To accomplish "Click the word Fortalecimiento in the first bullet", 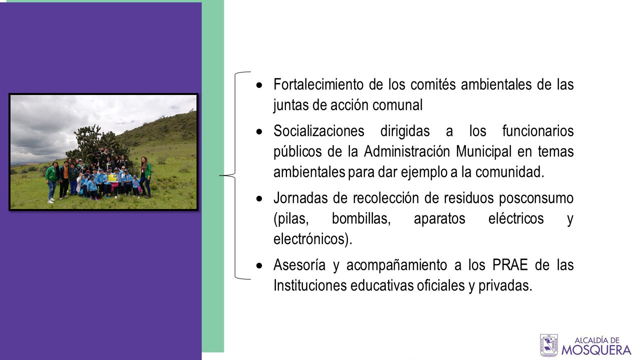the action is (318, 84).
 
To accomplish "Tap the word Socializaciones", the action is (319, 131).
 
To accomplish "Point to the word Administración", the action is (407, 151).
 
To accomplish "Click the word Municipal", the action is (483, 151).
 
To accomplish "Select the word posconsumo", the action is (536, 198).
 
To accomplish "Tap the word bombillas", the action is (361, 219).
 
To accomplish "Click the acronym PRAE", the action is (510, 265).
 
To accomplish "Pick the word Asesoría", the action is (299, 265).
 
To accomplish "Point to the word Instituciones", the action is (310, 285).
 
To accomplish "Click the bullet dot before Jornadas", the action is (259, 199).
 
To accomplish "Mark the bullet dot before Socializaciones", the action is (259, 131).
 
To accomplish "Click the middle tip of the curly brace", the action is (219, 175).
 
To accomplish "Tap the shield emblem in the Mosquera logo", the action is (548, 345).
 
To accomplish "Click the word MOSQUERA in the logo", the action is (596, 349).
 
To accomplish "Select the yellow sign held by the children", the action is (112, 178).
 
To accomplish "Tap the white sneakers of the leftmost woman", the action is (51, 200).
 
